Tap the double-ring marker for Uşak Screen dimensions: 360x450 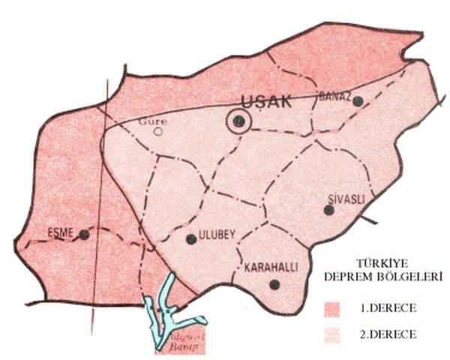click(x=238, y=121)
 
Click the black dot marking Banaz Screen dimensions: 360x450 click(x=358, y=101)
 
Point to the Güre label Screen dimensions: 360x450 click(x=155, y=121)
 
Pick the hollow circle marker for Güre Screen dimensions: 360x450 click(x=158, y=131)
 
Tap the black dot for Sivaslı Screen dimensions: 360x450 click(x=328, y=210)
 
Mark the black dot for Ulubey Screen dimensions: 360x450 click(x=191, y=239)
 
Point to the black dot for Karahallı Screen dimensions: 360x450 click(x=275, y=284)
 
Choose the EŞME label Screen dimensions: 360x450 click(x=59, y=232)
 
